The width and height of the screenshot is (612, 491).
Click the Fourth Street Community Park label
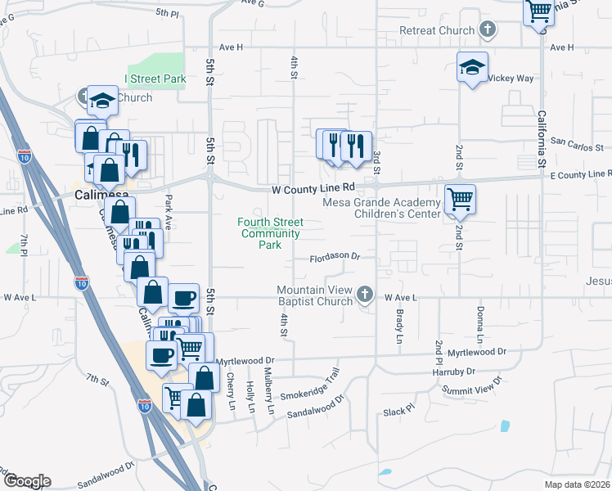point(270,233)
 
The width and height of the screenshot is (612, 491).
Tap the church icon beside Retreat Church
point(488,31)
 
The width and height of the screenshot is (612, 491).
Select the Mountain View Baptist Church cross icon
point(365,293)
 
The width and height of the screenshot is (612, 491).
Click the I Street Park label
point(155,79)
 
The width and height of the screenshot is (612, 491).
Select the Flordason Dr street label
point(335,257)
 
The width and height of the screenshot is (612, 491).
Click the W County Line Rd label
point(313,188)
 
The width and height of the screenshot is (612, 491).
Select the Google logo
point(26,481)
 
